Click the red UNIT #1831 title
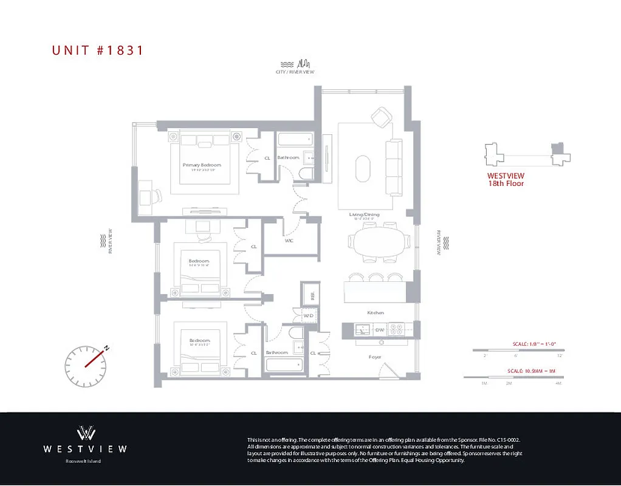[98, 50]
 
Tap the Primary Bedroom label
[202, 165]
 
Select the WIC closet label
[289, 240]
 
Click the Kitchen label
[375, 312]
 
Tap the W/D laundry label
[309, 315]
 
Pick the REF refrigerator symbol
[312, 296]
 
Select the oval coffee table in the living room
[363, 168]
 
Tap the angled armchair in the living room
[382, 116]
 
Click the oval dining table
[379, 241]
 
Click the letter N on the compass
[106, 347]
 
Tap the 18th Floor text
[506, 183]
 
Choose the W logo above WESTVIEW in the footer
[85, 433]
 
